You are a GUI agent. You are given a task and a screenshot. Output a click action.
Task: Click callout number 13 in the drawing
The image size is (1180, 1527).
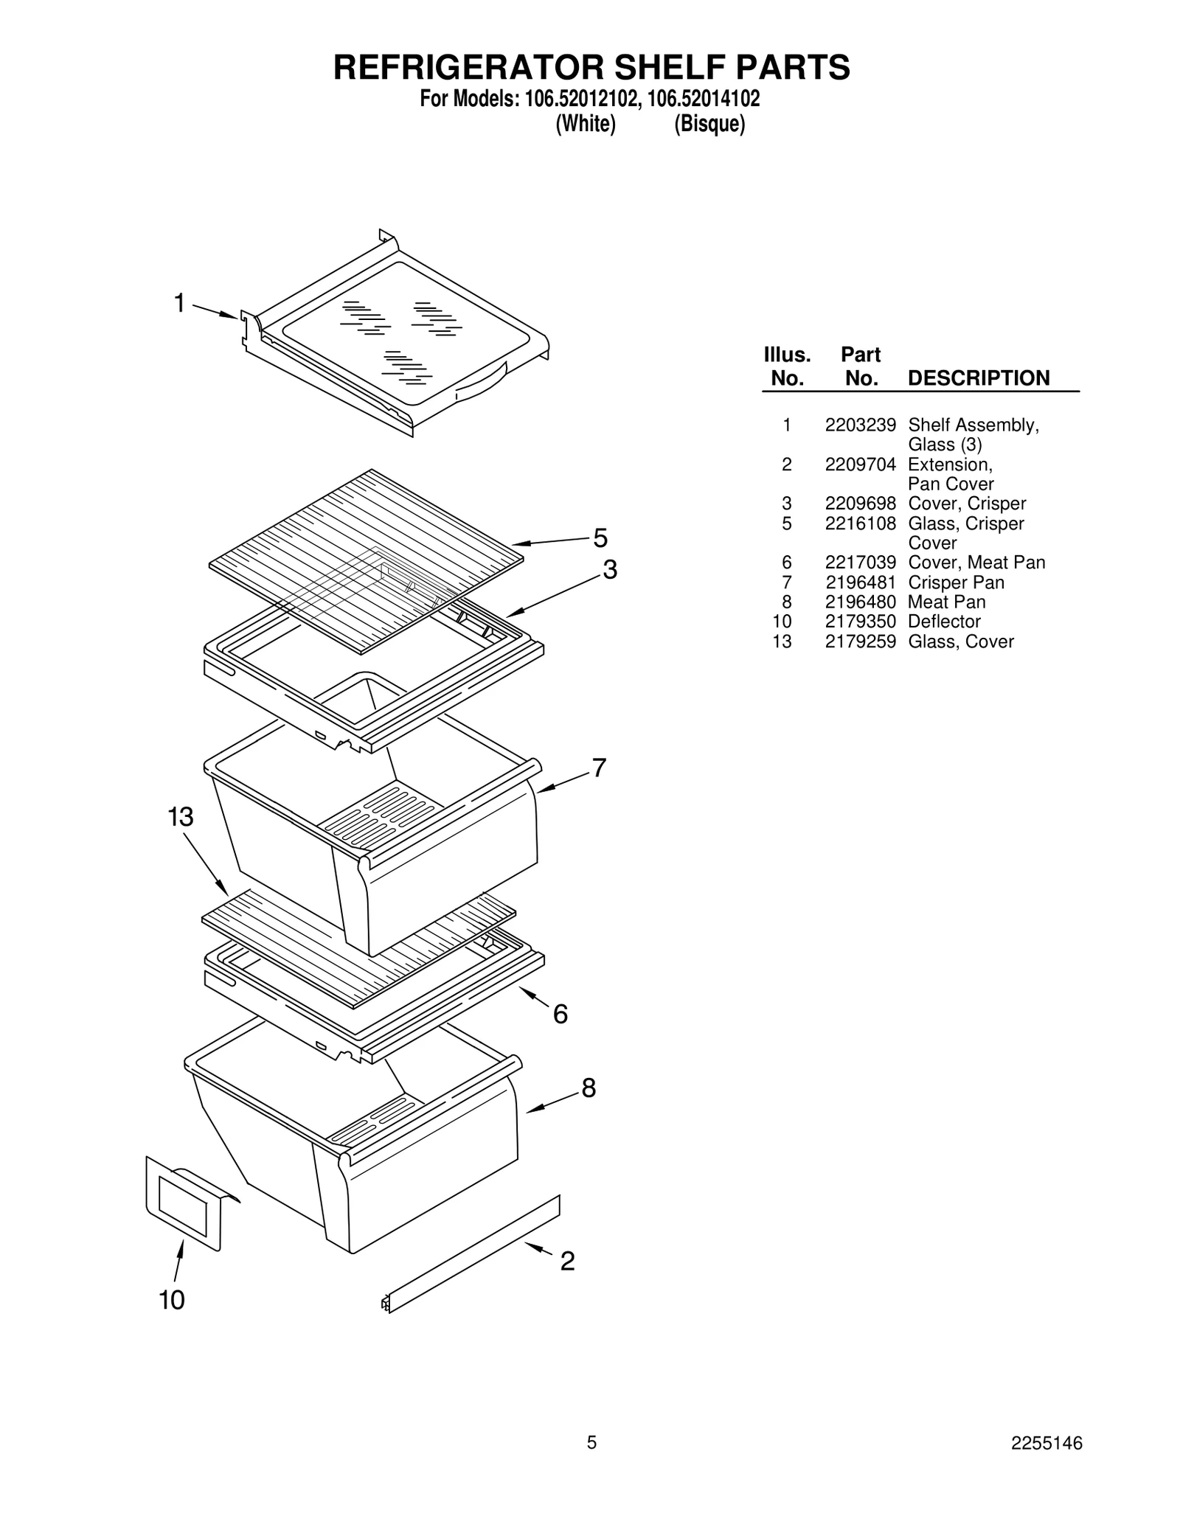coord(180,817)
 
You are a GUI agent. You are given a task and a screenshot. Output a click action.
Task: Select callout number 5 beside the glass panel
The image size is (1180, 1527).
coord(600,539)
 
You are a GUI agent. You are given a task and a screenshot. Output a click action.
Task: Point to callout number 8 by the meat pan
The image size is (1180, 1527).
coord(589,1088)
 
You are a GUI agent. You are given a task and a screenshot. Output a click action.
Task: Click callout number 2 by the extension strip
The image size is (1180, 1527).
coord(567,1262)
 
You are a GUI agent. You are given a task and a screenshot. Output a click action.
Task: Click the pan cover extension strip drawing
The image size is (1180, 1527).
coord(472,1254)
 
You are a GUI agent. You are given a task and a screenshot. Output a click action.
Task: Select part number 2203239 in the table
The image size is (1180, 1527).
coord(860,425)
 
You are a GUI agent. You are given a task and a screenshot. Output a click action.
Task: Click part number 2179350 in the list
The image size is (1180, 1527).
coord(860,622)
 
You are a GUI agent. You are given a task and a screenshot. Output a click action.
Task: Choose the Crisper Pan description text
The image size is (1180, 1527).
coord(956,582)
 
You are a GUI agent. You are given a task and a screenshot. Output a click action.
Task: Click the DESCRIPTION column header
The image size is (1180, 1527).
coord(978,378)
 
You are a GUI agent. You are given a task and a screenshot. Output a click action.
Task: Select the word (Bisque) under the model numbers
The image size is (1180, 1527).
coord(709,124)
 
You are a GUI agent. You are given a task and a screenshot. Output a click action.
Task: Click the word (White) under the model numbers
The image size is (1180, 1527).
coord(585,124)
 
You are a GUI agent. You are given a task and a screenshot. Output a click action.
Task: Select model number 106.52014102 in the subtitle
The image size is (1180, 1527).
coord(704,99)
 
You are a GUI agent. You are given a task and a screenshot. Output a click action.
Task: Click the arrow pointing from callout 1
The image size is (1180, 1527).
coord(216,311)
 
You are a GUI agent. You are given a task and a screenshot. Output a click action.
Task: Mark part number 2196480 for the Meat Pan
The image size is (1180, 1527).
coord(860,602)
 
